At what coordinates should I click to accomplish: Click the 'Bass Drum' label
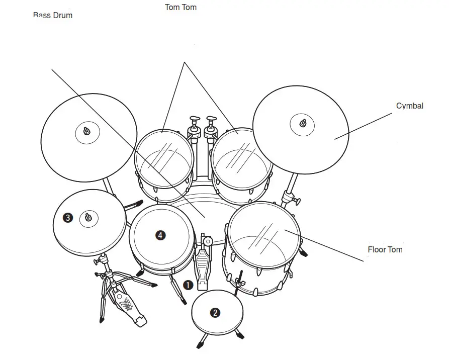tap(53, 15)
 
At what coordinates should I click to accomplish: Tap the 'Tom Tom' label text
tap(181, 8)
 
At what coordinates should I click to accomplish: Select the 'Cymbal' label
tap(410, 106)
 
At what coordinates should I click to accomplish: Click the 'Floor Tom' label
tap(385, 249)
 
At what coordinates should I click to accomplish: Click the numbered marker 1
tap(188, 286)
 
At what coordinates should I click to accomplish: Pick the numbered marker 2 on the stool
tap(215, 313)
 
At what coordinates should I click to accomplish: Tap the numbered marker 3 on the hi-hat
tap(68, 218)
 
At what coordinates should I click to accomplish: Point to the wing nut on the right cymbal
tap(303, 123)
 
